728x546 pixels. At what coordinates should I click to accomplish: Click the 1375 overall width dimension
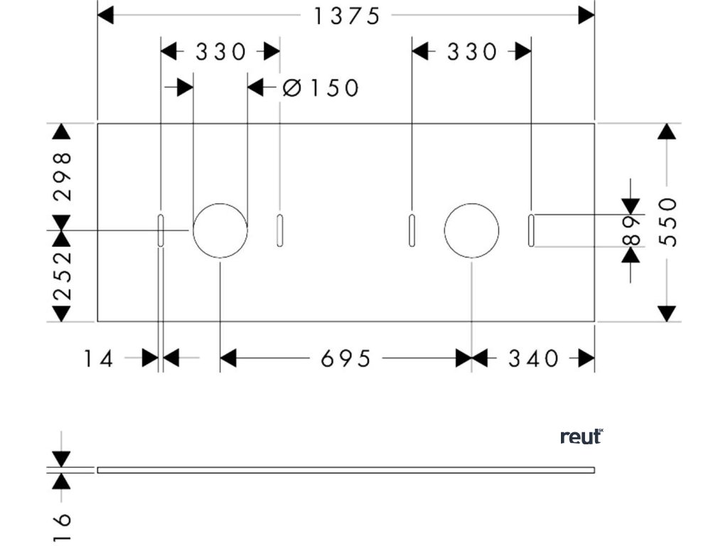pos(347,15)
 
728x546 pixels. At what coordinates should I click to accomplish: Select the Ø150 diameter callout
pos(321,88)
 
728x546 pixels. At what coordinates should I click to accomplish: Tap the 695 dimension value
pos(346,358)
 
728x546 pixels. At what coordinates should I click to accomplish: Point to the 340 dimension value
pos(533,358)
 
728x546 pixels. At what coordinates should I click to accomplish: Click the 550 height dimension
pos(668,222)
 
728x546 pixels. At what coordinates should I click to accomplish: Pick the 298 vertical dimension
pos(63,176)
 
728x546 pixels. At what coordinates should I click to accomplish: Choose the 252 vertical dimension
pos(63,275)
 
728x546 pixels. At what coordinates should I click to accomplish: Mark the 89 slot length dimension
pos(631,230)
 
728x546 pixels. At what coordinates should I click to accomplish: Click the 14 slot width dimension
pos(98,358)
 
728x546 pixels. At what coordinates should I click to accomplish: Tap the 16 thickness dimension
pos(63,527)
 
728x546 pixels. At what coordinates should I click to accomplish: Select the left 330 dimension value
pos(220,52)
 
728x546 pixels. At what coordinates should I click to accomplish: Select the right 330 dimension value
pos(472,52)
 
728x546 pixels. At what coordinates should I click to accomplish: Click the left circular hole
pos(220,230)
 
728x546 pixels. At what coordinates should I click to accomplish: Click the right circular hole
pos(471,230)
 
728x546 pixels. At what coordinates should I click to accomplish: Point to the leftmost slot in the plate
pos(161,230)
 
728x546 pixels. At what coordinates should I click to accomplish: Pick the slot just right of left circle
pos(279,230)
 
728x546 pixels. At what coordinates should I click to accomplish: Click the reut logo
pos(582,437)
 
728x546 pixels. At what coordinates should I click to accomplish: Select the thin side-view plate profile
pos(346,470)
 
